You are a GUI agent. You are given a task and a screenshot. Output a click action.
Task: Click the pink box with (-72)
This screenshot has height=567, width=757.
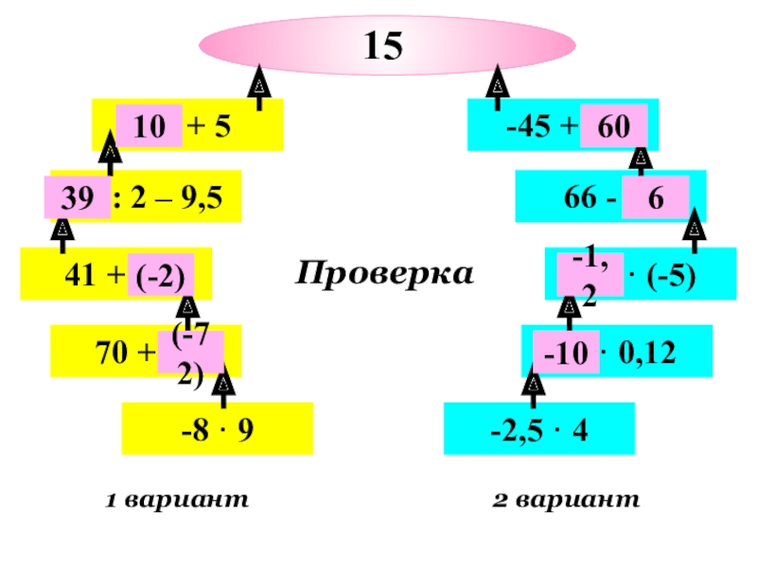190,352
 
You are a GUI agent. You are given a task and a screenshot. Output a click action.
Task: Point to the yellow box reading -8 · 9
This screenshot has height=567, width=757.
217,429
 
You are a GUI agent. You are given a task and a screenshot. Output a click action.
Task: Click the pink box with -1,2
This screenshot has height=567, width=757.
590,275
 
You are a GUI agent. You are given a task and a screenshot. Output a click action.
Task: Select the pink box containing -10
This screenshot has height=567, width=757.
566,352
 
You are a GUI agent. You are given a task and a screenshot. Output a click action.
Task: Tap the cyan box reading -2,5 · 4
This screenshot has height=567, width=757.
539,429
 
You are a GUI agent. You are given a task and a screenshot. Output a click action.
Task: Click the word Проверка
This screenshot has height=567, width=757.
384,274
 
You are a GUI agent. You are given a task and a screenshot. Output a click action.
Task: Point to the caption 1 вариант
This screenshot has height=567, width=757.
177,500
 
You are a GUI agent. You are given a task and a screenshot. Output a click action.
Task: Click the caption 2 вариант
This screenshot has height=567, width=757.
566,500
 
